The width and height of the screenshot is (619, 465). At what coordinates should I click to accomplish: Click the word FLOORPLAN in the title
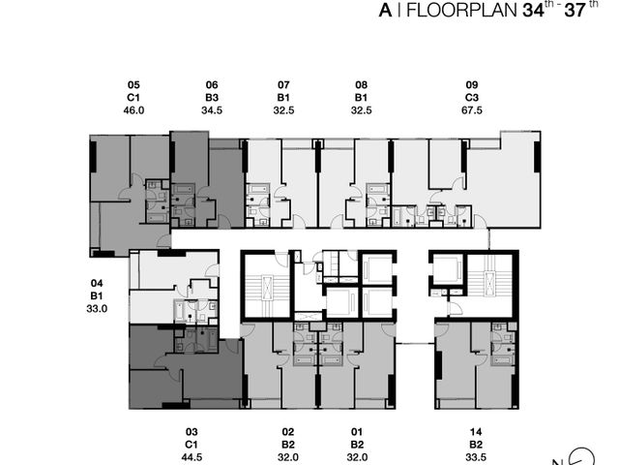tap(461, 10)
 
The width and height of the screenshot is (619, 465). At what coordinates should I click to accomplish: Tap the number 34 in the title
tap(533, 10)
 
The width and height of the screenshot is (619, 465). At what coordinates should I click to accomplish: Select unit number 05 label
tap(133, 85)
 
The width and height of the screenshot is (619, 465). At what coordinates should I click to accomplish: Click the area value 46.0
tap(133, 110)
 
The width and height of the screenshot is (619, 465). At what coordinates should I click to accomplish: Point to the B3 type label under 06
tap(212, 98)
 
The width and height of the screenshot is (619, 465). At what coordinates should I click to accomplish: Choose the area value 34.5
tap(212, 110)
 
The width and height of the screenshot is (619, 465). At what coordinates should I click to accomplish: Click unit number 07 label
tap(283, 85)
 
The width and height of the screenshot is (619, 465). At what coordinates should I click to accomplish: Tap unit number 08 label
tap(362, 85)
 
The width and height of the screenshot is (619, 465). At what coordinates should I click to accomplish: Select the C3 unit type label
tap(472, 98)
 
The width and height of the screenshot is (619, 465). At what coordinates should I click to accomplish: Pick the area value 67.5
tap(472, 110)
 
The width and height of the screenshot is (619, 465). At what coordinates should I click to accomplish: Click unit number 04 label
tap(97, 283)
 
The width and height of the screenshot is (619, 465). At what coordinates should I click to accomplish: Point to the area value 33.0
tap(97, 308)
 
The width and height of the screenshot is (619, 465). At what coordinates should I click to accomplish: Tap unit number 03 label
tap(192, 432)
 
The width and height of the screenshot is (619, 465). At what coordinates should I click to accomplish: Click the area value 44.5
tap(192, 457)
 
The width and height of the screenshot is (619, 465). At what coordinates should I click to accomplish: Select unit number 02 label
tap(288, 432)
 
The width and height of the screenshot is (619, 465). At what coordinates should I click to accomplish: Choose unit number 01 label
tap(357, 432)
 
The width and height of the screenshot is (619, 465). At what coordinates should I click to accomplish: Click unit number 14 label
tap(476, 432)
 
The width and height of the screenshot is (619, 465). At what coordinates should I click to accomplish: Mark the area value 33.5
tap(476, 457)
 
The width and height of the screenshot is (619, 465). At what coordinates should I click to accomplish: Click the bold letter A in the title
tap(385, 11)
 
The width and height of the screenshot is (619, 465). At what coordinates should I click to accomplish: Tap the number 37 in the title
tap(575, 10)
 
